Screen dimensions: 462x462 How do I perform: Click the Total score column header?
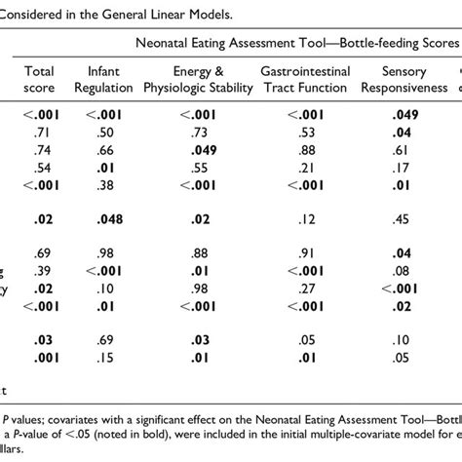(x=42, y=80)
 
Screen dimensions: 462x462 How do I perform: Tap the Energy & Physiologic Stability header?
(x=199, y=80)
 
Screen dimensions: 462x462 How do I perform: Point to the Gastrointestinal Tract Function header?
(x=310, y=80)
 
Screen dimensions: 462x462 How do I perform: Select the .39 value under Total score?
(x=42, y=270)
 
